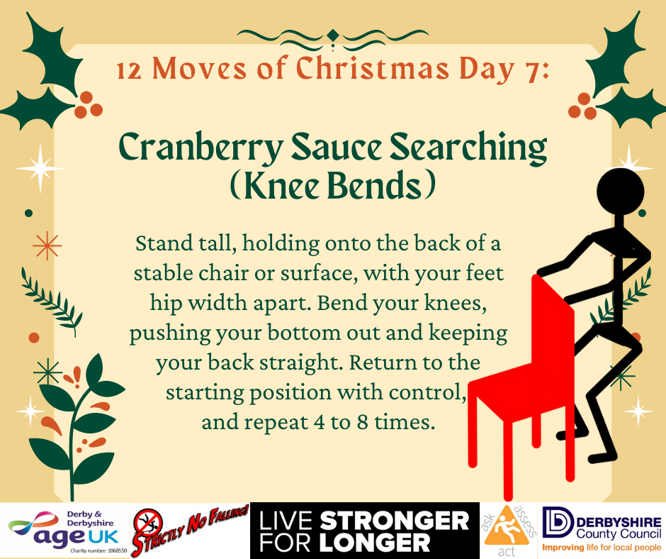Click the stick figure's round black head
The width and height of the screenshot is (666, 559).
tap(621, 192)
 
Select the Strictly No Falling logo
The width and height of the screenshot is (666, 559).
tap(190, 530)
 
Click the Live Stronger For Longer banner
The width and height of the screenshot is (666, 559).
tap(364, 531)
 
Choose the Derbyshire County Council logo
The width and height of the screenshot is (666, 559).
tap(602, 530)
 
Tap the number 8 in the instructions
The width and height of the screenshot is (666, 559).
tap(362, 422)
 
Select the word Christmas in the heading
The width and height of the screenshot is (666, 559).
tap(372, 68)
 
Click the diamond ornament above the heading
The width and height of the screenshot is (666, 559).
tap(333, 35)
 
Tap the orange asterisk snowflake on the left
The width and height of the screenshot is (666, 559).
tap(47, 245)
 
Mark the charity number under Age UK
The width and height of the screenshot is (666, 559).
tap(98, 551)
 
